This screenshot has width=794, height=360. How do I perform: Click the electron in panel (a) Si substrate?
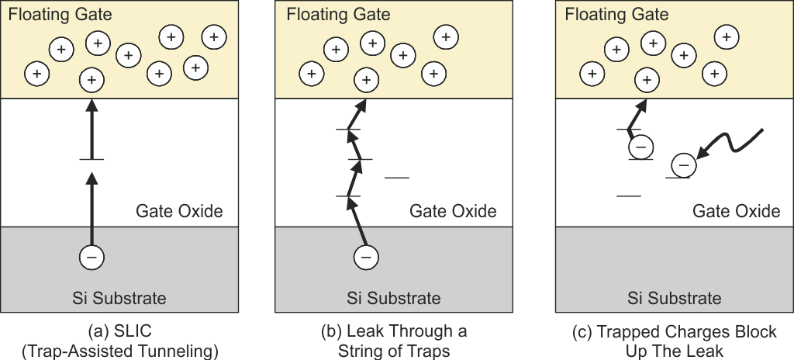[x=91, y=256]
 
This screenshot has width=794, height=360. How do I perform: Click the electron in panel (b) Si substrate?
[x=367, y=256]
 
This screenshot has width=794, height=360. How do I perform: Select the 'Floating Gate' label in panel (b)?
[x=338, y=15]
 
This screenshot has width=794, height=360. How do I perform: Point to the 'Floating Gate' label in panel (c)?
[x=617, y=15]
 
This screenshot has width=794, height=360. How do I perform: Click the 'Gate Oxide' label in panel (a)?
[x=179, y=211]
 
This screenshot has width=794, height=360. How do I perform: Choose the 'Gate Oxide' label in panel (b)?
[x=453, y=211]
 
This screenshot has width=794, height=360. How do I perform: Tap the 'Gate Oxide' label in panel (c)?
[x=736, y=211]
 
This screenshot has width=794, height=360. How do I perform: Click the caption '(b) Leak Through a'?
[x=394, y=332]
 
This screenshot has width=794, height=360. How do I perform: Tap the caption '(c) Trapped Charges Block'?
[x=674, y=332]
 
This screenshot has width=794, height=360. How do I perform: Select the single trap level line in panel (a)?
[x=91, y=160]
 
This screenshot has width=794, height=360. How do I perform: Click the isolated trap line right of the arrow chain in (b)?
[x=396, y=178]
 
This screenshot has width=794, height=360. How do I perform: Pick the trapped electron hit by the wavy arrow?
[x=683, y=164]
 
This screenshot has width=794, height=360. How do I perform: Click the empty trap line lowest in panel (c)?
[x=629, y=196]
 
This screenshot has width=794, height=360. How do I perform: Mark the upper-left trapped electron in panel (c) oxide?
[x=640, y=145]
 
